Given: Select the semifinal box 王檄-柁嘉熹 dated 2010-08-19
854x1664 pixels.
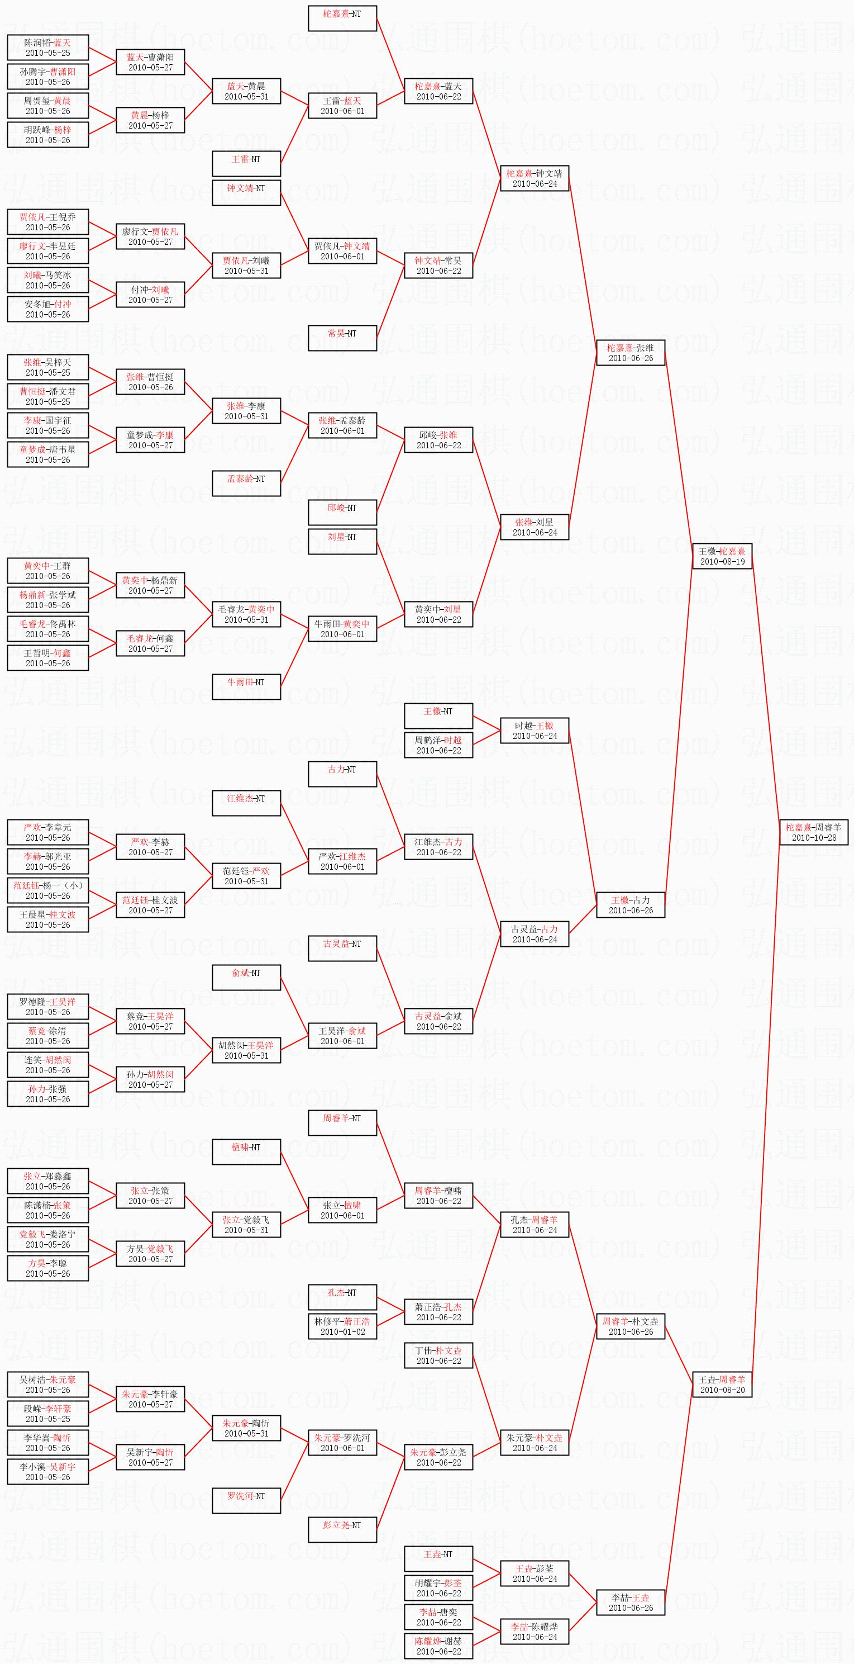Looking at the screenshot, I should tap(722, 556).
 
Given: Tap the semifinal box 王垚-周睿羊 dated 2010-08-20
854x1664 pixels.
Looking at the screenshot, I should tap(722, 1385).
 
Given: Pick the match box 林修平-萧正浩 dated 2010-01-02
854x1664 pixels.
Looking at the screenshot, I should tap(342, 1326).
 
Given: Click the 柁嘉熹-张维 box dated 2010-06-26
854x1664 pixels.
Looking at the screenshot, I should tap(631, 353).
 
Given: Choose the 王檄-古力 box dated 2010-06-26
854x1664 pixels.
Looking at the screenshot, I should tap(631, 905).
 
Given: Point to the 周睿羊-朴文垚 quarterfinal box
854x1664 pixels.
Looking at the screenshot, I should tap(631, 1326).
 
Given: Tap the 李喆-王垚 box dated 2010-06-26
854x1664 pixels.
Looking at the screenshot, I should tap(631, 1603).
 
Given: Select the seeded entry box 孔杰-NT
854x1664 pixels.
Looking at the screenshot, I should tap(342, 1297).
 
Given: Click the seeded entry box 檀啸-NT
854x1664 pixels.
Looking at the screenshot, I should tap(246, 1152).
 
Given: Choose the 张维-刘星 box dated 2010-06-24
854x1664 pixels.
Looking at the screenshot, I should tap(535, 527).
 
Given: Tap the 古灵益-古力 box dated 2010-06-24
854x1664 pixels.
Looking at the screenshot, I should tap(535, 934).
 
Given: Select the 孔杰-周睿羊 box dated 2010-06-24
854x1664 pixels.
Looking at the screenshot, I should tap(535, 1225).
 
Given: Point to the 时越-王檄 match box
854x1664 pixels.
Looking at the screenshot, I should tap(535, 731).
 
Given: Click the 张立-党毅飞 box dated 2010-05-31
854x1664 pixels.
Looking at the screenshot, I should tap(246, 1225).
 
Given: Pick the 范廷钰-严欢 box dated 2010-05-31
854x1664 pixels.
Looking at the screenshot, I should tap(246, 876).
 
